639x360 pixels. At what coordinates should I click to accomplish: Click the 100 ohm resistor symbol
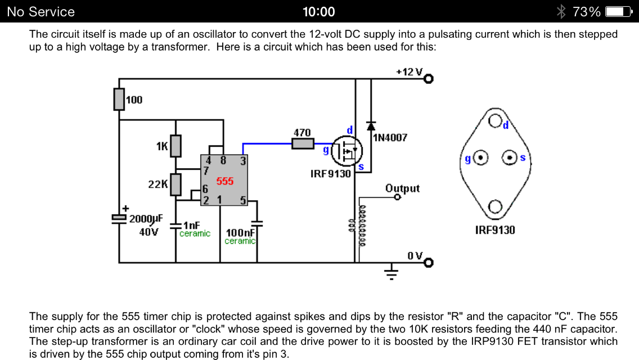coord(119,100)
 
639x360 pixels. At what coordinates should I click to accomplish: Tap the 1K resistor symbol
coord(175,146)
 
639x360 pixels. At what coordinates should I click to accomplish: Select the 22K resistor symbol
coord(175,184)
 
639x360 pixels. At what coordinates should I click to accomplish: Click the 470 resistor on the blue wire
coord(303,143)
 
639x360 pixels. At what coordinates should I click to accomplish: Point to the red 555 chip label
coord(224,181)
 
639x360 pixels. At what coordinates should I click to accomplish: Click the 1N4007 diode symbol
coord(371,125)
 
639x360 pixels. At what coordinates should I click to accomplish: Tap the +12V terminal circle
coord(429,79)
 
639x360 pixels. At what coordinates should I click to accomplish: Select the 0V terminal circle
coord(429,262)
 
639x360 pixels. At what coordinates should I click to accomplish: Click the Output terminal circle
coord(398,197)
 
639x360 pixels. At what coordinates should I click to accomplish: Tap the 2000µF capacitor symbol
coord(119,218)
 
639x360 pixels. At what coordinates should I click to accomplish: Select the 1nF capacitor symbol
coord(175,226)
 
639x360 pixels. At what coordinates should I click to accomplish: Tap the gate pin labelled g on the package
coord(481,158)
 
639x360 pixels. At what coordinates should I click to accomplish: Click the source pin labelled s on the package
coord(509,158)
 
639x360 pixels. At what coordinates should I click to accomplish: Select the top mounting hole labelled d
coord(495,121)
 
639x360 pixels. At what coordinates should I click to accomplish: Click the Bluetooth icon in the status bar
coord(561,11)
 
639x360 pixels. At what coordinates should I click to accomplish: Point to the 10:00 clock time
coord(319,11)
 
